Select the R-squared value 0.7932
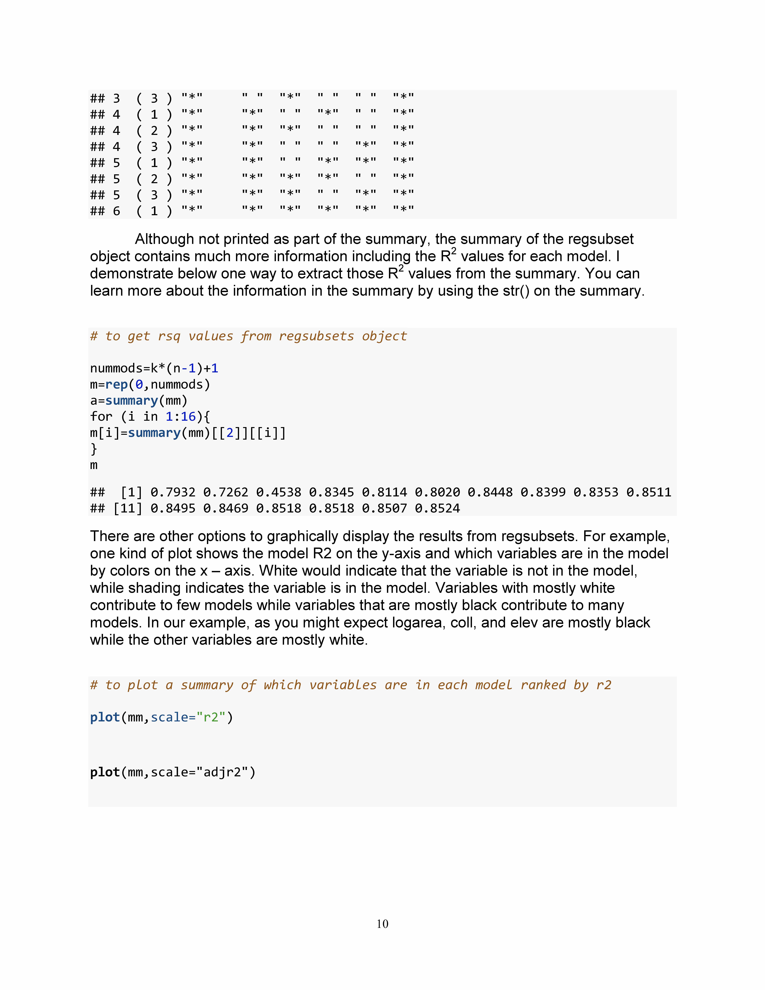point(173,492)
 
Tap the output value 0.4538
point(278,492)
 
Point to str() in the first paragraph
point(516,291)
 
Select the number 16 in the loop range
point(188,417)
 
